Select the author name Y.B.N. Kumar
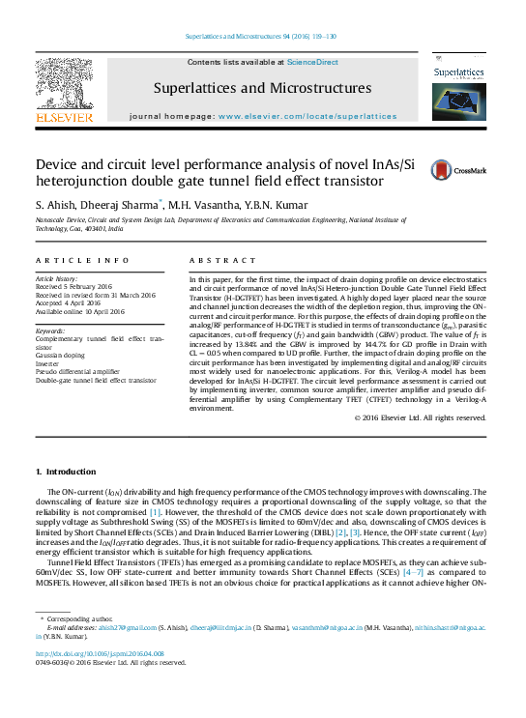[x=278, y=205]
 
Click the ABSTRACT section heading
[x=210, y=260]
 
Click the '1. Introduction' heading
[x=66, y=471]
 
